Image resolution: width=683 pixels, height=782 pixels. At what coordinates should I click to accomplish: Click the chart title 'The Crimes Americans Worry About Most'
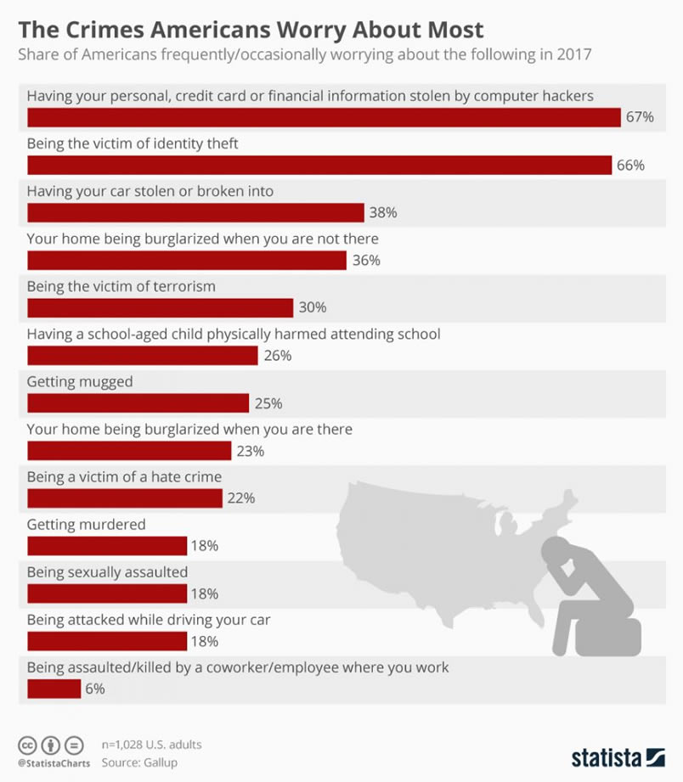tap(251, 30)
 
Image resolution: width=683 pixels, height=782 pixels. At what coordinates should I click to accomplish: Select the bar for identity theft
tap(319, 165)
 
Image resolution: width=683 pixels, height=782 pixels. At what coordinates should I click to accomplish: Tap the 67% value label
tap(640, 117)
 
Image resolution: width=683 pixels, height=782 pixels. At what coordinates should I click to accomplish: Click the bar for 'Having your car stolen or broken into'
tap(195, 212)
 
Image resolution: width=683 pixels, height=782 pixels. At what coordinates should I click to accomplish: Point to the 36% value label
tap(366, 260)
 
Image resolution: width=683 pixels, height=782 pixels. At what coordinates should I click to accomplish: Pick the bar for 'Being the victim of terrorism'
tap(160, 307)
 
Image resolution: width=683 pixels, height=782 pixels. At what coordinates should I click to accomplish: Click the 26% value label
tap(278, 355)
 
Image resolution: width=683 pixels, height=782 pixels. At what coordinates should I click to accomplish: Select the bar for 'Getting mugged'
tap(138, 402)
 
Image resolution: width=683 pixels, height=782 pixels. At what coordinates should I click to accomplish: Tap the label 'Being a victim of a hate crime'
tap(124, 477)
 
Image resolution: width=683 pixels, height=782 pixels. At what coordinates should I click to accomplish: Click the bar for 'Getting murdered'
tap(107, 545)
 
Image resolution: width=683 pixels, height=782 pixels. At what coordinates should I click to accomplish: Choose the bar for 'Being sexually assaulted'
tap(107, 593)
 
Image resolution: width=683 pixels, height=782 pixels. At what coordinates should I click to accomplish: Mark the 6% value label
tap(94, 689)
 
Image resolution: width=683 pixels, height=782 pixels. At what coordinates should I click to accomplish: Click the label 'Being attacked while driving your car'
tap(149, 620)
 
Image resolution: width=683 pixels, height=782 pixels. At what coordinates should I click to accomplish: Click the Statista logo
tap(618, 757)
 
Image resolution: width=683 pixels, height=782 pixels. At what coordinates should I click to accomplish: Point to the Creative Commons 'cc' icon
tap(28, 745)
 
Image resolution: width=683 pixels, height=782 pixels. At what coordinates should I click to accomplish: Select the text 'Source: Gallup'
tap(140, 762)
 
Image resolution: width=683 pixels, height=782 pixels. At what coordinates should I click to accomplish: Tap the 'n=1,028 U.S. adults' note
tap(151, 745)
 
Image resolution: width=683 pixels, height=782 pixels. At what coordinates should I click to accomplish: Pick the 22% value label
tap(241, 498)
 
